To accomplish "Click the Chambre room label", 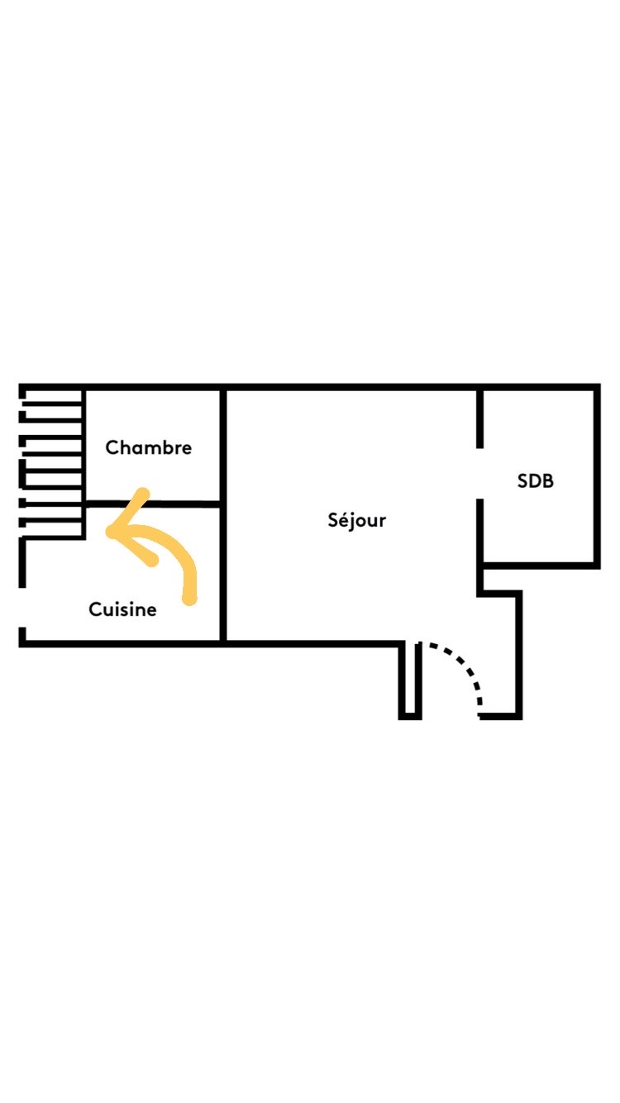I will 149,448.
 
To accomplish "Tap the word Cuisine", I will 122,610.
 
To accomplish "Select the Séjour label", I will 357,521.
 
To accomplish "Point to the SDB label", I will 535,480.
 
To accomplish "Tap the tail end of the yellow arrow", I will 189,598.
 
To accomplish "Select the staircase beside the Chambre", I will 51,463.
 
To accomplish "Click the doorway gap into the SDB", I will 479,474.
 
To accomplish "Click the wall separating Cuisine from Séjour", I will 222,579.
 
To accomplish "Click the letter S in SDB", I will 522,480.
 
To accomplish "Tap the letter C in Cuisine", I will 95,610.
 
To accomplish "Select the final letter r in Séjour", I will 383,522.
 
